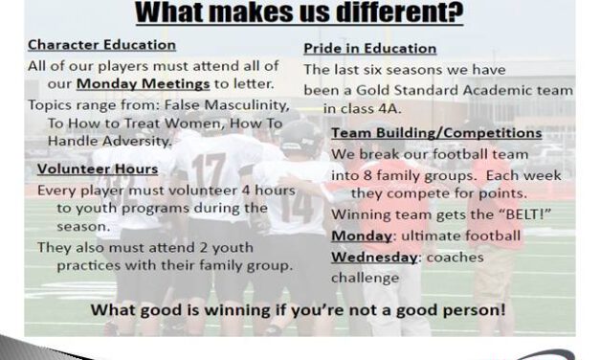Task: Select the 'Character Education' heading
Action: [x=101, y=45]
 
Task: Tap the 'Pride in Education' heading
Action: [x=369, y=48]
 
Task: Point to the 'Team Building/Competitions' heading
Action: [x=436, y=133]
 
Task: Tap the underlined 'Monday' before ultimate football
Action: [x=360, y=236]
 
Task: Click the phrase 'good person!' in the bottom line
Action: [x=456, y=311]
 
